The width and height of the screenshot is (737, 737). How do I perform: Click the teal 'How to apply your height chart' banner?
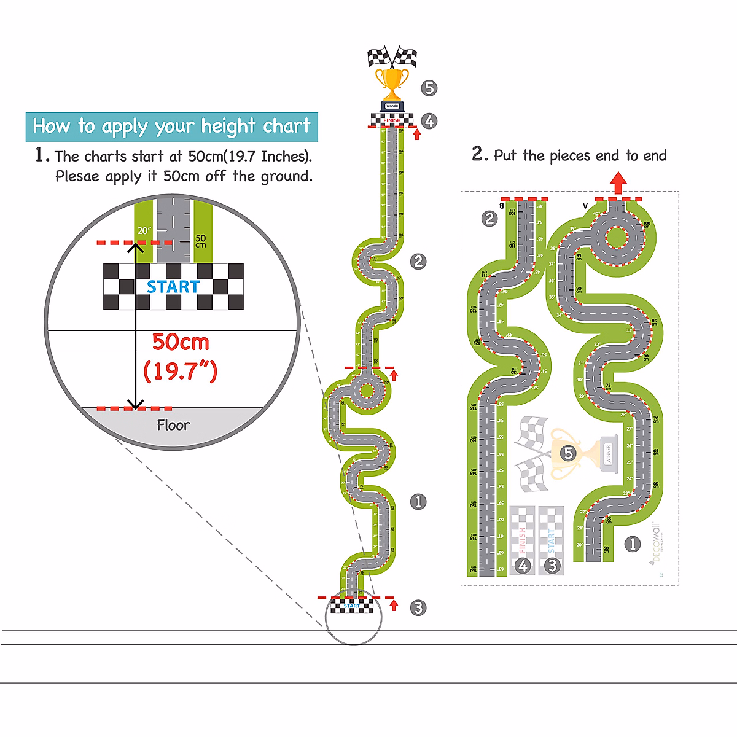[x=171, y=127]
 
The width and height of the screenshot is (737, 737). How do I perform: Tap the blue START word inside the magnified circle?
[x=173, y=287]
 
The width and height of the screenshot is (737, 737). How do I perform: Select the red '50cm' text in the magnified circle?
[x=181, y=341]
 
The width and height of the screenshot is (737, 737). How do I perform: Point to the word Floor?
[x=173, y=425]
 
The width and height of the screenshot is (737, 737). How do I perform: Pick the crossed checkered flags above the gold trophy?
[x=392, y=57]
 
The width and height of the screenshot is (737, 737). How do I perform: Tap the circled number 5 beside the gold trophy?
[x=429, y=88]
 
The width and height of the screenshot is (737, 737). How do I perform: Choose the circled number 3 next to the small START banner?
[x=418, y=607]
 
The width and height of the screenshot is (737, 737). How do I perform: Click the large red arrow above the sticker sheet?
[x=618, y=183]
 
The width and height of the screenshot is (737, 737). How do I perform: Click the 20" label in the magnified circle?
[x=144, y=230]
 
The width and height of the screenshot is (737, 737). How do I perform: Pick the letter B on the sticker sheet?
[x=502, y=206]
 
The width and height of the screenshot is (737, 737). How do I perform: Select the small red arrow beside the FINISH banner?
[x=417, y=134]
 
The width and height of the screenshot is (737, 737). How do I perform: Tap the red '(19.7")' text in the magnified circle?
[x=180, y=370]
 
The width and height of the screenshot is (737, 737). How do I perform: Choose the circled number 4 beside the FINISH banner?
[x=429, y=121]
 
